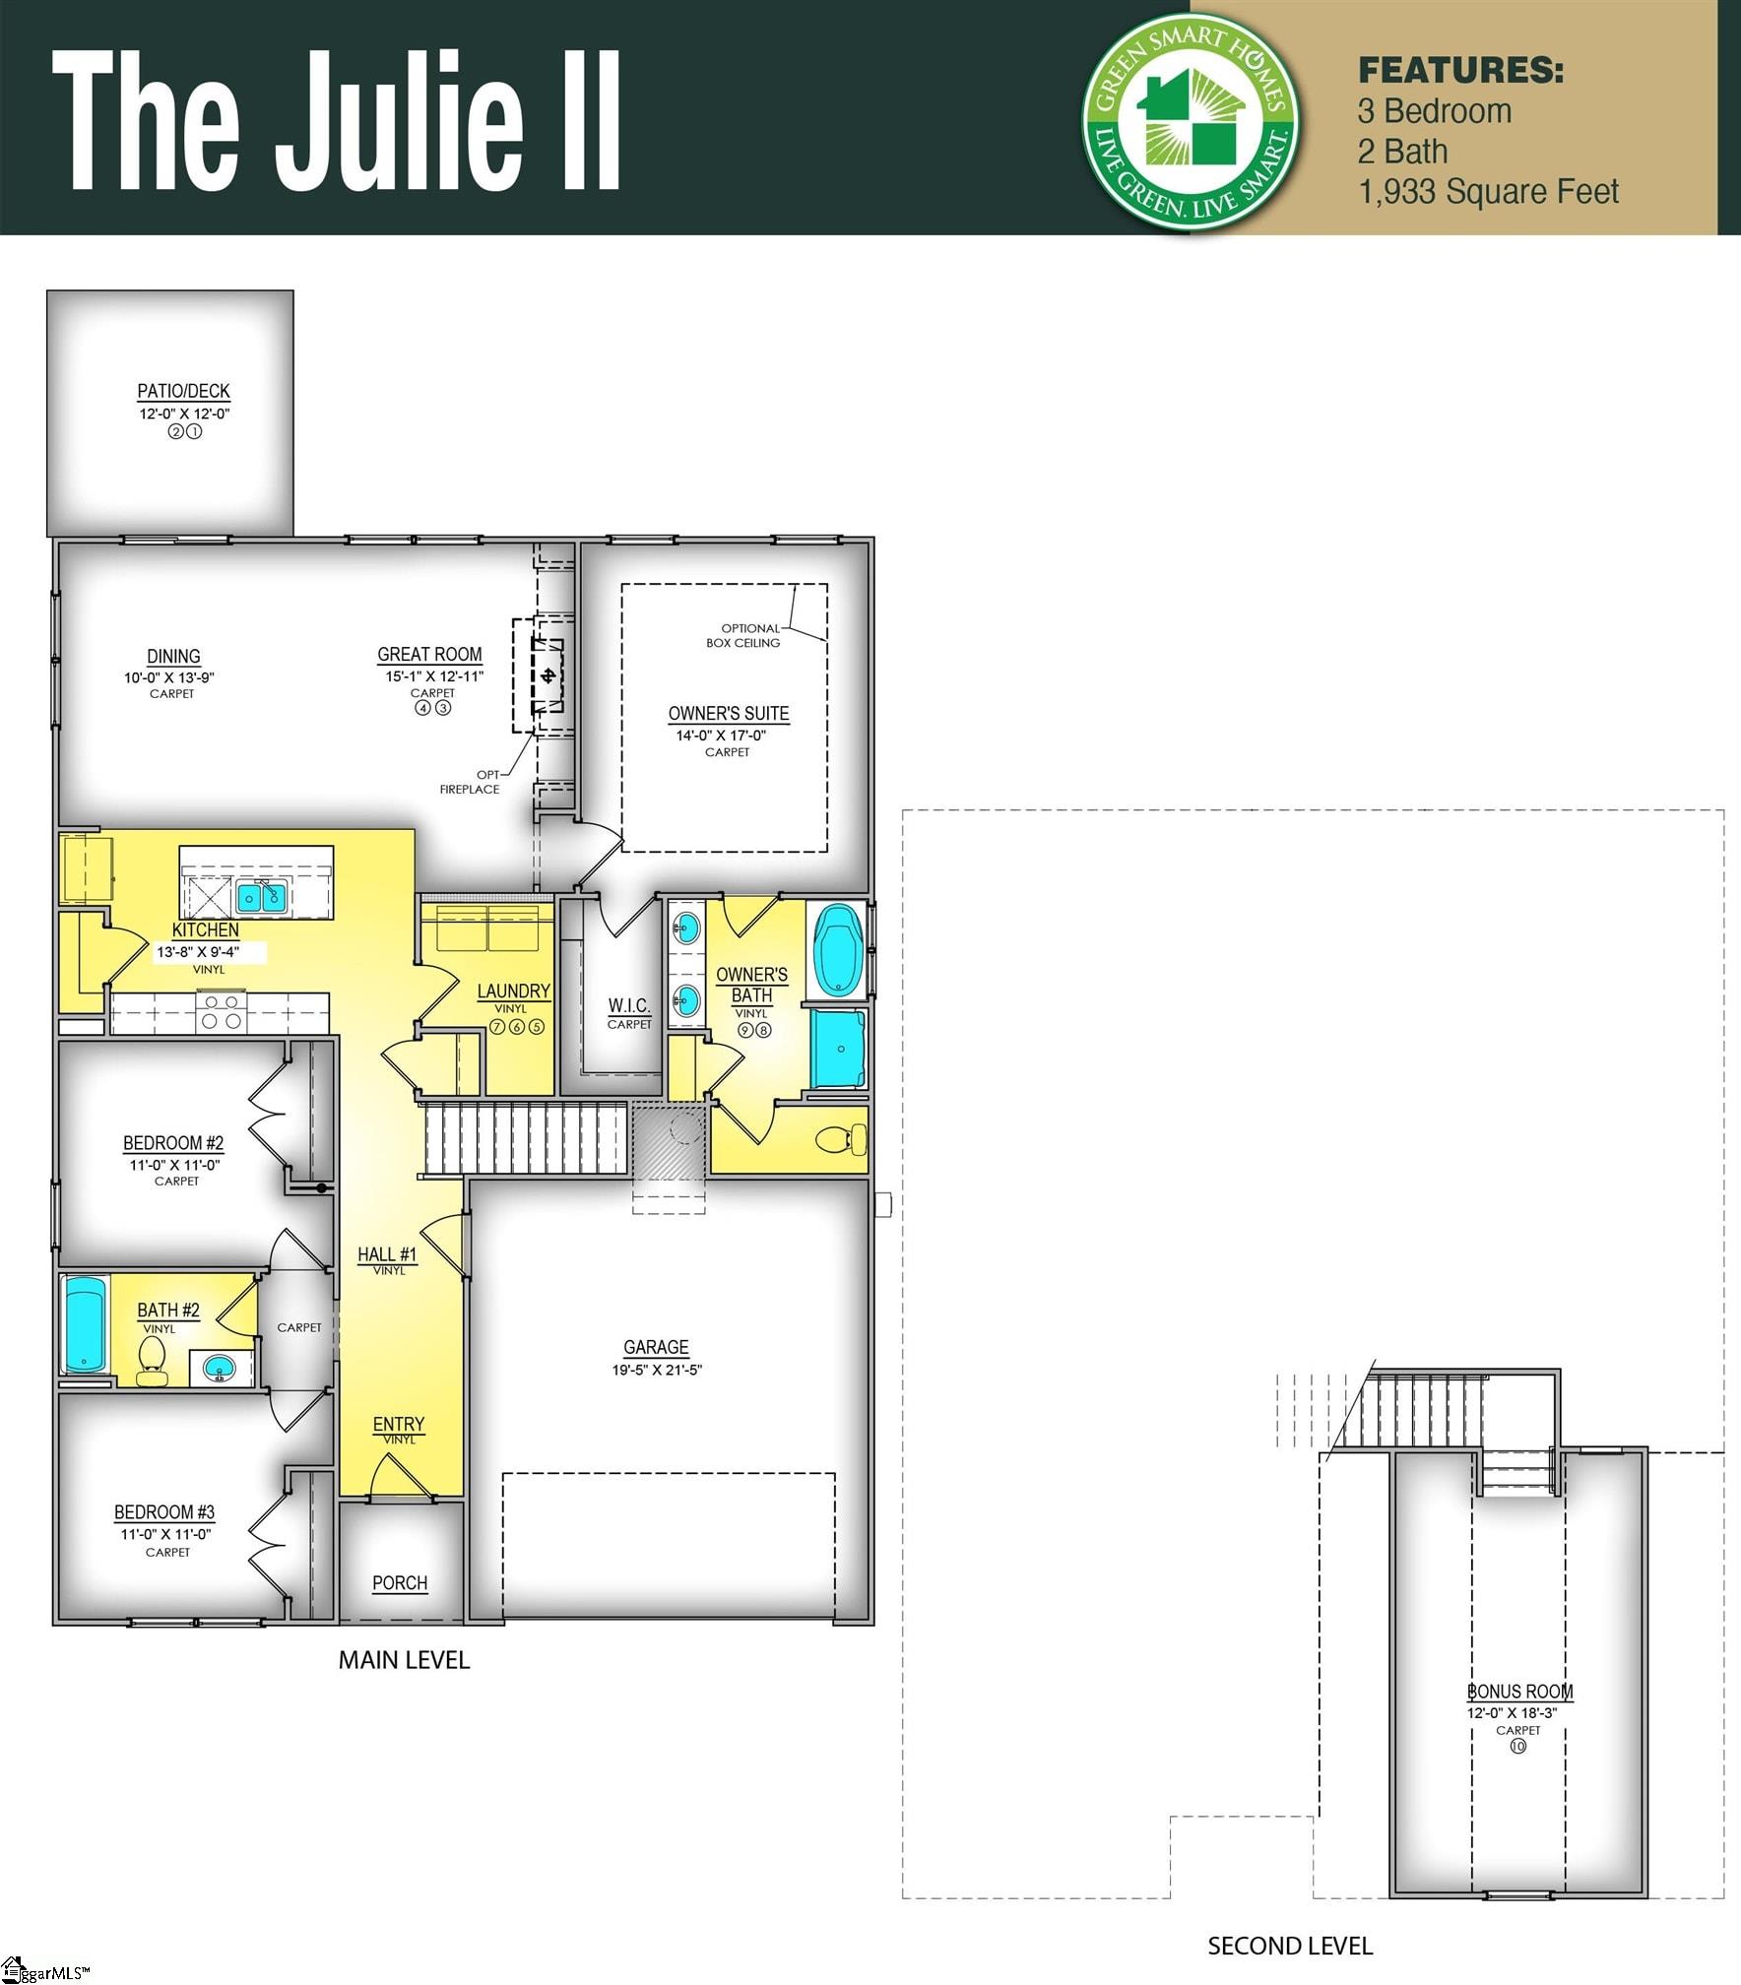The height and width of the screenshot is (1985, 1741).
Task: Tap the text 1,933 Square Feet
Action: (x=1488, y=192)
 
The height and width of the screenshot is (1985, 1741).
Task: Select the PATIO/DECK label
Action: (x=183, y=391)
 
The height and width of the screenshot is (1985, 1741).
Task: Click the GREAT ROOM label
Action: (x=429, y=655)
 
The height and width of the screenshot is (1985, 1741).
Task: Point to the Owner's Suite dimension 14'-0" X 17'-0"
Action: (x=721, y=736)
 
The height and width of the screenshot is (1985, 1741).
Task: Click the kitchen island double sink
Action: (x=261, y=896)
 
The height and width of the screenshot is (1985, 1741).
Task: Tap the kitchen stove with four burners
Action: (x=222, y=1011)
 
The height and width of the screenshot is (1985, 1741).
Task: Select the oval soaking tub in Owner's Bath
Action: (x=838, y=951)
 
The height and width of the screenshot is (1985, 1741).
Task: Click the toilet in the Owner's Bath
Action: (x=841, y=1140)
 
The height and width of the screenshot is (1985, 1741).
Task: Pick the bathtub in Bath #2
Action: (x=86, y=1324)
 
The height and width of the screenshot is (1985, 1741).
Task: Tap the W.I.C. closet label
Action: (x=628, y=1005)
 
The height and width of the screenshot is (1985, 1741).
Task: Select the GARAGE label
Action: (x=656, y=1347)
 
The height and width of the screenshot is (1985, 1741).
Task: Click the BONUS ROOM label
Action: (x=1519, y=1692)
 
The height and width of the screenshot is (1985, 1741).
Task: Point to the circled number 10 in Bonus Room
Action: (x=1517, y=1746)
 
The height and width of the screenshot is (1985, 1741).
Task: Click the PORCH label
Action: (x=400, y=1582)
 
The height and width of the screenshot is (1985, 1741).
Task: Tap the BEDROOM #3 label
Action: (x=164, y=1511)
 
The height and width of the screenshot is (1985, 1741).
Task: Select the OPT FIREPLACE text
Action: (x=471, y=782)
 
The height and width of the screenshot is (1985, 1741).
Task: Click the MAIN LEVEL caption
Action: (x=404, y=1660)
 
